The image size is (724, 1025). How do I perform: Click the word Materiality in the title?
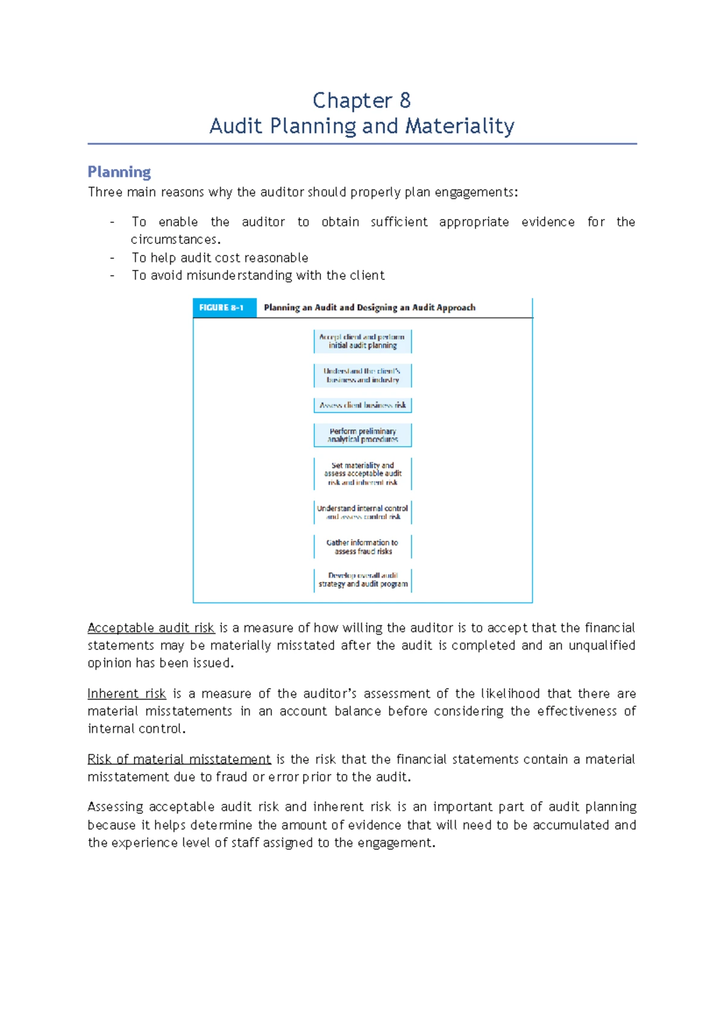click(460, 126)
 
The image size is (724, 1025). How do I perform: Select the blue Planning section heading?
click(119, 172)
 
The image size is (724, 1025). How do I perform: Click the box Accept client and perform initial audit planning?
click(363, 341)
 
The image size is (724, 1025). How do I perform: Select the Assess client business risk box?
click(363, 405)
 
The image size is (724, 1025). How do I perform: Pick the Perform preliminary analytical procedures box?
click(363, 435)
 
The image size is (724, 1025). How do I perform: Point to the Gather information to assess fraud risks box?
click(363, 547)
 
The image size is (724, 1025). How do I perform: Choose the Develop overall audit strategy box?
click(363, 580)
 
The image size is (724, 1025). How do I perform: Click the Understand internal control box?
click(363, 512)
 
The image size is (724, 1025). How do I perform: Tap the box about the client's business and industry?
click(363, 375)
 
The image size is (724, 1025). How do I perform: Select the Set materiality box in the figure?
click(363, 474)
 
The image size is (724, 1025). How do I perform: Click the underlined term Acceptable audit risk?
click(151, 628)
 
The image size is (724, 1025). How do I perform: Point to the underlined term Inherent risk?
click(127, 694)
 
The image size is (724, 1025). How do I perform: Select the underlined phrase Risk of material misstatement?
click(179, 759)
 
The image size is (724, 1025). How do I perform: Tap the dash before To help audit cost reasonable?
click(112, 258)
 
